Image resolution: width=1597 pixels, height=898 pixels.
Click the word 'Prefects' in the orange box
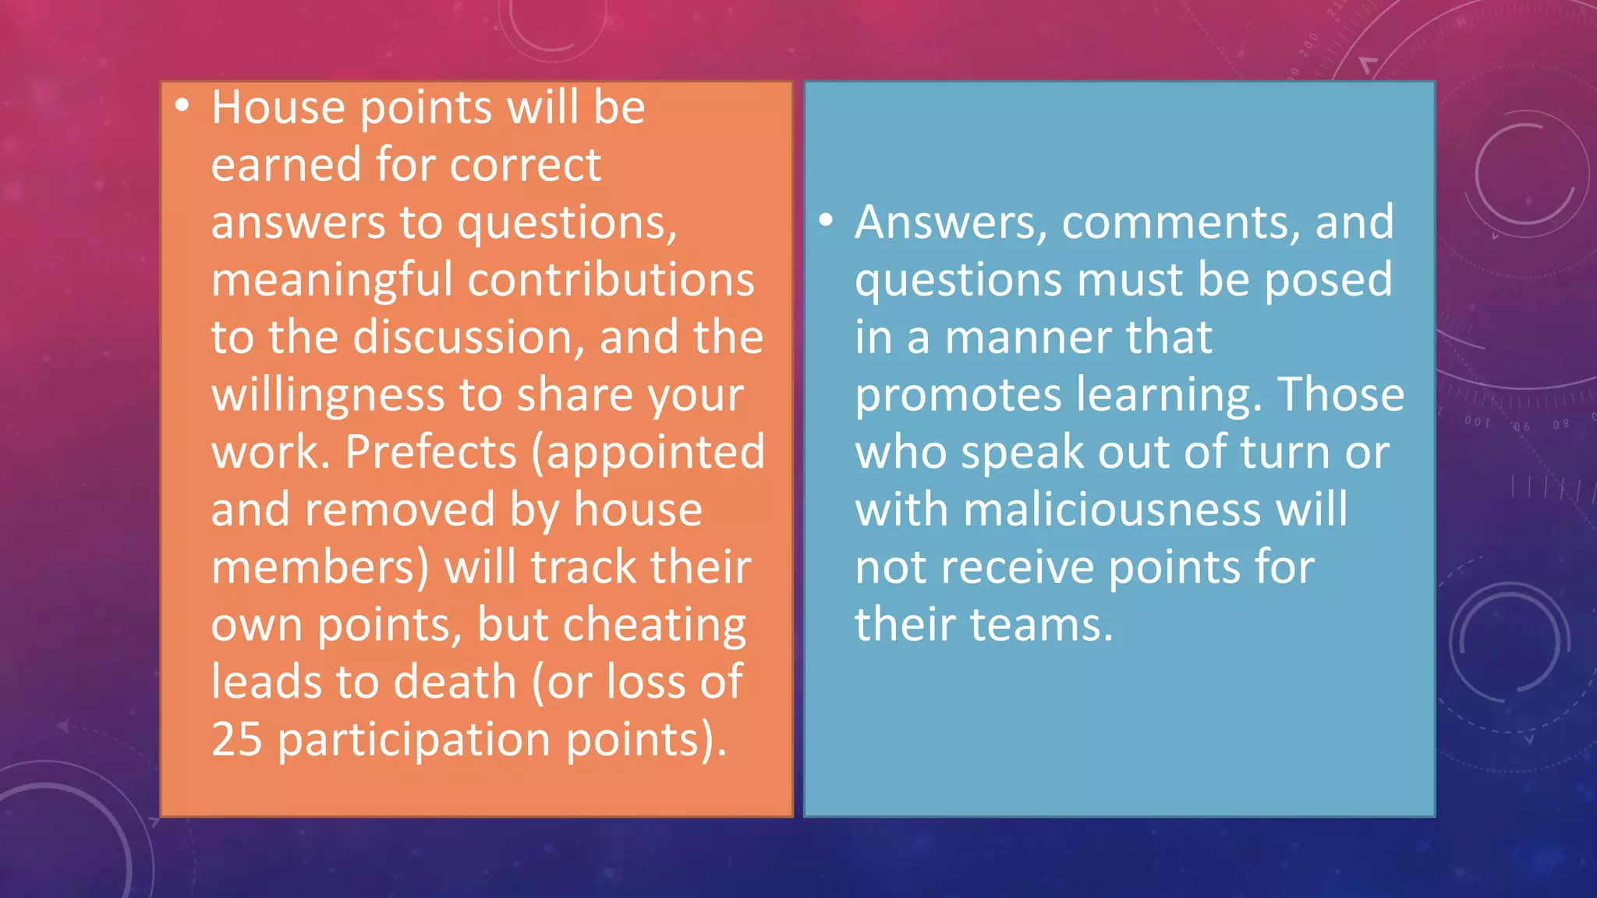(x=431, y=452)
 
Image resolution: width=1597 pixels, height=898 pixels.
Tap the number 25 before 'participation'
(x=236, y=739)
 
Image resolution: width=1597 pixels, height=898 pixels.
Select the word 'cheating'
(x=654, y=625)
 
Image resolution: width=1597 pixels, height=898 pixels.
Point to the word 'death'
(x=455, y=682)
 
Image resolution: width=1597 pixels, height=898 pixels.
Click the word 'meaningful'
(x=331, y=280)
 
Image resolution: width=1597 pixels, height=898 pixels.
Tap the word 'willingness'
(x=328, y=395)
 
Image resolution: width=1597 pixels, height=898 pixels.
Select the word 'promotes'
(x=958, y=395)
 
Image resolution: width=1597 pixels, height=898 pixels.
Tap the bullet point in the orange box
(x=182, y=105)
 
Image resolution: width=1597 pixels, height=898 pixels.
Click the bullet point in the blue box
(x=826, y=221)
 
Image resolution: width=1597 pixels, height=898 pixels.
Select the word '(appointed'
(x=648, y=452)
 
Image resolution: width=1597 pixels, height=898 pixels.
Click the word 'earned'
(x=286, y=165)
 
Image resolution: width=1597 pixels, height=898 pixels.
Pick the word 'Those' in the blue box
(x=1340, y=395)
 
